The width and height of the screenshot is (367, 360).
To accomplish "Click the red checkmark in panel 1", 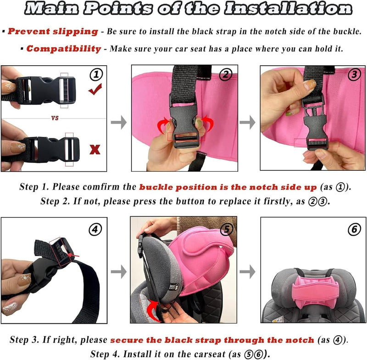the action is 95,90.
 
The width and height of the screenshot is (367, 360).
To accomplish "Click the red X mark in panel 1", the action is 95,149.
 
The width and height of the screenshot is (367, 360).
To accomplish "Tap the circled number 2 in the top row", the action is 225,74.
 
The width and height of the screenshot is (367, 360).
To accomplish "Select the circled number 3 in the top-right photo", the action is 354,74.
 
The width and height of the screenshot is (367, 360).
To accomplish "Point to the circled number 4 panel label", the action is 95,229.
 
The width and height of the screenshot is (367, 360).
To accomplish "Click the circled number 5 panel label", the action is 227,229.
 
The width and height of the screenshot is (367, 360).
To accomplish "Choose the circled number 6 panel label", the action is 354,229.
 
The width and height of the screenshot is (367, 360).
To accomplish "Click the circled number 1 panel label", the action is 96,74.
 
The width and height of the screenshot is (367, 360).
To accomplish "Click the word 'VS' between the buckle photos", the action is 55,118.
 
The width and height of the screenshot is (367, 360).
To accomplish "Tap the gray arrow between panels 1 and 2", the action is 119,122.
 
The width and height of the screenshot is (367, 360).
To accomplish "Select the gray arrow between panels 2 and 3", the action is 247,122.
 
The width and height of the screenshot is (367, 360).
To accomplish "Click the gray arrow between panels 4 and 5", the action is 119,272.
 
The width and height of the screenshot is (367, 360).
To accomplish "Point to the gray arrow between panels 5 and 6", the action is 247,272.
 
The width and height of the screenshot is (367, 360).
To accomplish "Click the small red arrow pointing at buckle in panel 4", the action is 73,255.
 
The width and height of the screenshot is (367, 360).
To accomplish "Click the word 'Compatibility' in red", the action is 64,49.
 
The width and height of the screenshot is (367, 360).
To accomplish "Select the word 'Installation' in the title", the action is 288,9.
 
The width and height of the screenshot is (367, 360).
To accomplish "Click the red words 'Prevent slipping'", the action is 53,31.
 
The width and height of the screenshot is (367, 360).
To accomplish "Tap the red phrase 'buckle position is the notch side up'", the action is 228,187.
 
